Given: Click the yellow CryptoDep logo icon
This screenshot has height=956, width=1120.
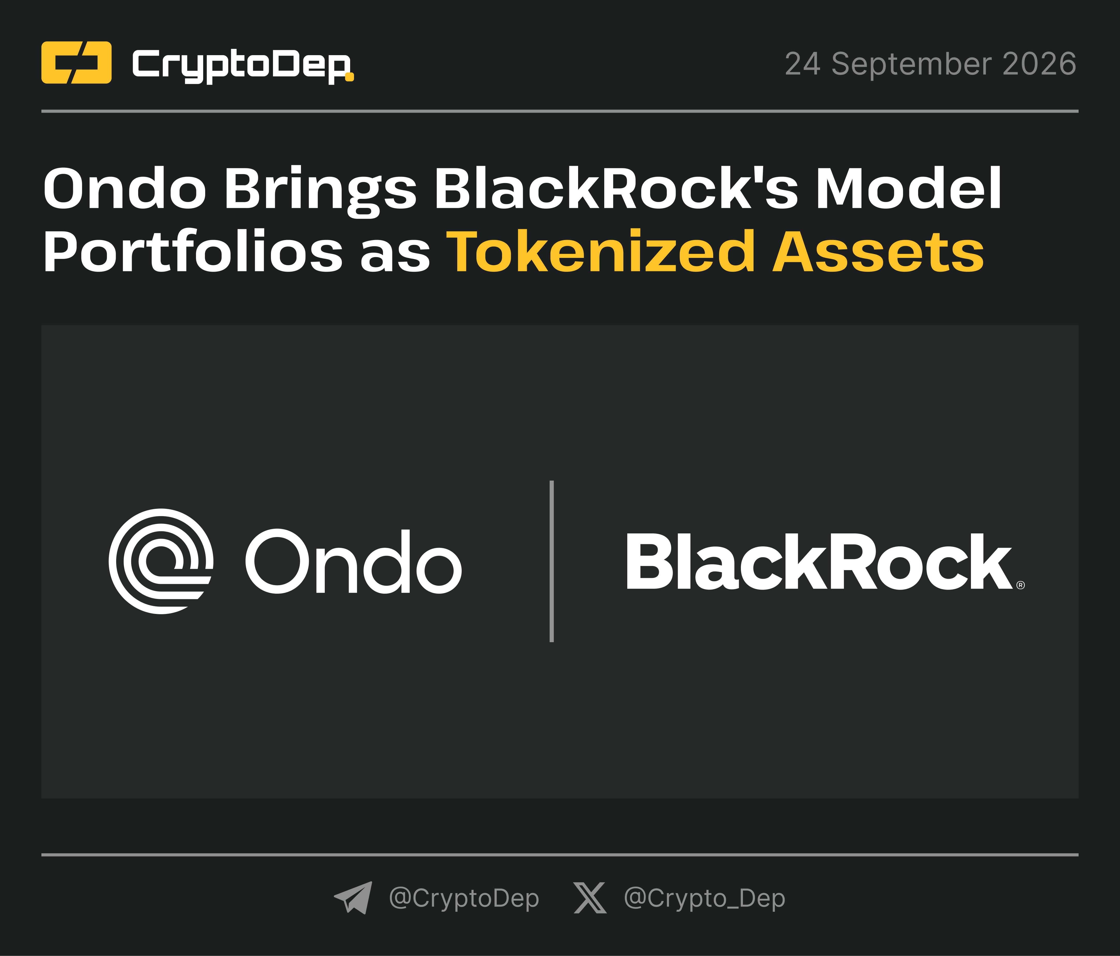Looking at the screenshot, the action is pyautogui.click(x=76, y=63).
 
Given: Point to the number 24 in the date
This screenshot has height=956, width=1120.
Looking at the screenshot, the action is pyautogui.click(x=803, y=64).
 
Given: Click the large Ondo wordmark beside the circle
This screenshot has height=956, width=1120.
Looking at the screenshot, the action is pyautogui.click(x=353, y=561).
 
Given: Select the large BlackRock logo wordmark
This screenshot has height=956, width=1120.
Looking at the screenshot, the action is pyautogui.click(x=818, y=561).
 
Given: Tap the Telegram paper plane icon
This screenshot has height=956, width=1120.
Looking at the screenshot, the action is pyautogui.click(x=353, y=897).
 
